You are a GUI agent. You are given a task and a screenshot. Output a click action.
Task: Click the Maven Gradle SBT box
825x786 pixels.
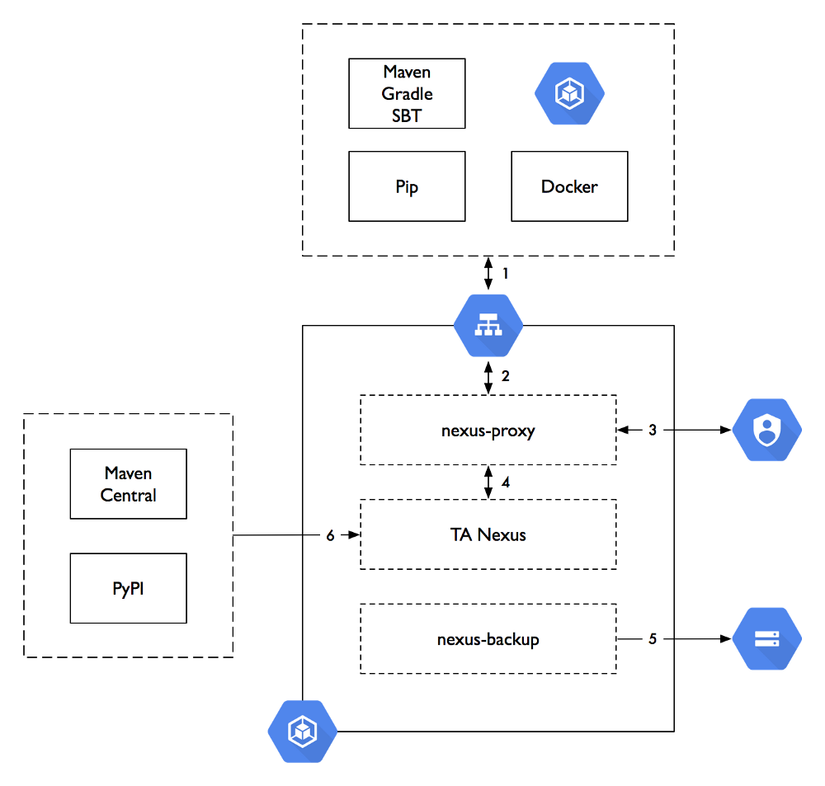coord(407,93)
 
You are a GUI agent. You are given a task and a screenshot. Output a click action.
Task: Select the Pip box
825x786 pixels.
coord(407,186)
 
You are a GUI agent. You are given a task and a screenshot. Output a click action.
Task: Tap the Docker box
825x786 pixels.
coord(569,186)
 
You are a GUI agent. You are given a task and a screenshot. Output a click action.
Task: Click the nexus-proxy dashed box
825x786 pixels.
coord(488,430)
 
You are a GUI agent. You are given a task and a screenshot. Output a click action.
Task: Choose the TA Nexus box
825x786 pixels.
coord(488,534)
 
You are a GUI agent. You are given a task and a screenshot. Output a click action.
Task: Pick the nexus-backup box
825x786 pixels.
coord(488,638)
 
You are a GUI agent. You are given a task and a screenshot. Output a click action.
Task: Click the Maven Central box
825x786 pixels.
coord(128,484)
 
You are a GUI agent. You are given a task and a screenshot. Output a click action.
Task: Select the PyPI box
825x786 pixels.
coord(128,588)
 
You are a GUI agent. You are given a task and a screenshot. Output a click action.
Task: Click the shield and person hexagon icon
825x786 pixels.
coord(767,430)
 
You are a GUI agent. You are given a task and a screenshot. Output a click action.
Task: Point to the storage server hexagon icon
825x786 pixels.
coord(767,638)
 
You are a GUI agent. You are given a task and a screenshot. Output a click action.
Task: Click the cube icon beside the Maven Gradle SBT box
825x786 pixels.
coord(569,93)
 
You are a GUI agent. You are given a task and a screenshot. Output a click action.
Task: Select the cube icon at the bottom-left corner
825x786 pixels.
coord(303,731)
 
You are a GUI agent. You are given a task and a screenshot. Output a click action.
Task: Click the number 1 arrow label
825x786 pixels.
coord(507,272)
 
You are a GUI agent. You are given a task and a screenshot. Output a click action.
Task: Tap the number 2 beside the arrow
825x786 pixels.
coord(506,376)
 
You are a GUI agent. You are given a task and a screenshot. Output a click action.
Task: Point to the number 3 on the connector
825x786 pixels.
coord(652,430)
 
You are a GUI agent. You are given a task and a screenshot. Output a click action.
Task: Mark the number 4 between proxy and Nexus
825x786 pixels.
coord(506,482)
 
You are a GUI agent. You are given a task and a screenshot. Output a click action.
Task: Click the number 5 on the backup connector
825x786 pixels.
coord(652,638)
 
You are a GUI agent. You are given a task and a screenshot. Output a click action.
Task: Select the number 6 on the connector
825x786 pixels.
coord(330,535)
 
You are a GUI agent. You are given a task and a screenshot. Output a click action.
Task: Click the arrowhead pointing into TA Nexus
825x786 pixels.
coord(355,535)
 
